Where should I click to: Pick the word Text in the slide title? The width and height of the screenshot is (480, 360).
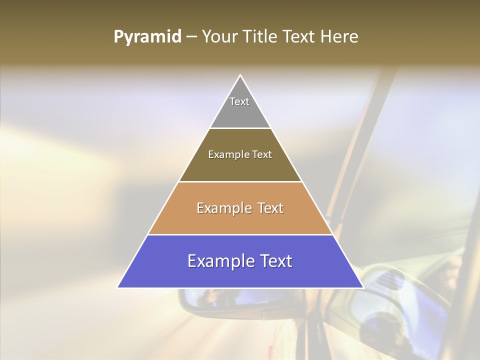300,37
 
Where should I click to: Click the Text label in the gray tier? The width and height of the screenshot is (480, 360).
239,101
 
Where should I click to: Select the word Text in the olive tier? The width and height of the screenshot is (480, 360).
262,155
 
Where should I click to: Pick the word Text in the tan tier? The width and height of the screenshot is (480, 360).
270,208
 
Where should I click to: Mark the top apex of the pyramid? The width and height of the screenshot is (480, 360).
240,75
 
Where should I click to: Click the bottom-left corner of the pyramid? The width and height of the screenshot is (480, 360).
118,287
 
